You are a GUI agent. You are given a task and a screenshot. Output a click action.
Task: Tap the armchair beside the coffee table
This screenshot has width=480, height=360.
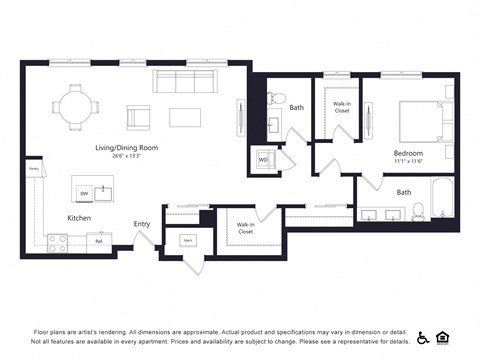click(138, 117)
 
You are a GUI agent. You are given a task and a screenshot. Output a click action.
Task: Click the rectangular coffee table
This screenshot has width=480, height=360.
click(185, 117)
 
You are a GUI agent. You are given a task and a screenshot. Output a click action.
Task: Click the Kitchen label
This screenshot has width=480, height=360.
click(80, 217)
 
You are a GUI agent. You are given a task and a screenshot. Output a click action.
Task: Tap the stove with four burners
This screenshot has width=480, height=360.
click(58, 242)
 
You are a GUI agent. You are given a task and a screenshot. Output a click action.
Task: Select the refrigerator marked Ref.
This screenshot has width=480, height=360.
click(99, 242)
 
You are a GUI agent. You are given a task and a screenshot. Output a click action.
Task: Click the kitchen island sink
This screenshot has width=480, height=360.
click(103, 188)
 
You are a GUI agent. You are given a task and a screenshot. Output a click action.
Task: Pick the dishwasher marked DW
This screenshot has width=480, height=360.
click(84, 193)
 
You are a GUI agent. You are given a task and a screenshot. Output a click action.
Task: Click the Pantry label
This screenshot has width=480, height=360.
click(33, 170)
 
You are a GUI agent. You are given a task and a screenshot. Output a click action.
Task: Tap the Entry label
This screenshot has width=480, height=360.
click(141, 224)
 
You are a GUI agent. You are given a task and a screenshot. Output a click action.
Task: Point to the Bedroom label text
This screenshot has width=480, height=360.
click(408, 153)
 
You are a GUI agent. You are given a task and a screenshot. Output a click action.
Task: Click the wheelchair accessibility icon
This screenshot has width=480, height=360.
click(423, 338)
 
